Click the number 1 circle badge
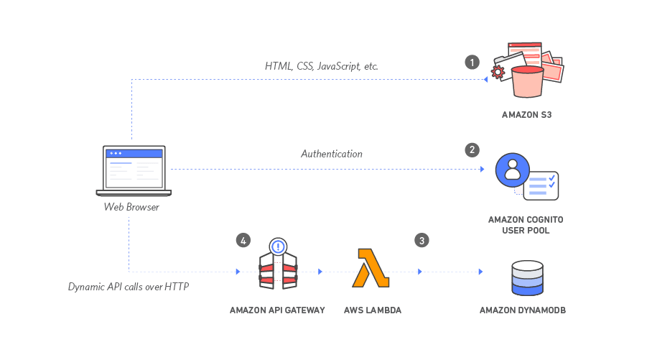[x=472, y=62]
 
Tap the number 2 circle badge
[x=472, y=149]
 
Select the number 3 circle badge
[x=422, y=241]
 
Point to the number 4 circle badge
[x=243, y=241]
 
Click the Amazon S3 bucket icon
[x=528, y=80]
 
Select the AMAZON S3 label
[x=526, y=115]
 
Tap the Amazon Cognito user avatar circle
[x=512, y=170]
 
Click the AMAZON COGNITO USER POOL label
[x=526, y=224]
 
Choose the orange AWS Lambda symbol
[x=370, y=268]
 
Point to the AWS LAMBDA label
[x=372, y=310]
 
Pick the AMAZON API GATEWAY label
[x=277, y=310]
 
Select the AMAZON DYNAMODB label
[x=523, y=310]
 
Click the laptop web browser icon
[x=134, y=170]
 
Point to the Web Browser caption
[x=131, y=207]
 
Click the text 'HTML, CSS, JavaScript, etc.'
[x=321, y=66]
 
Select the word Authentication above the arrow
[x=331, y=154]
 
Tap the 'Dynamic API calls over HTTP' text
[x=128, y=287]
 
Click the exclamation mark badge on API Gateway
[x=278, y=246]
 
